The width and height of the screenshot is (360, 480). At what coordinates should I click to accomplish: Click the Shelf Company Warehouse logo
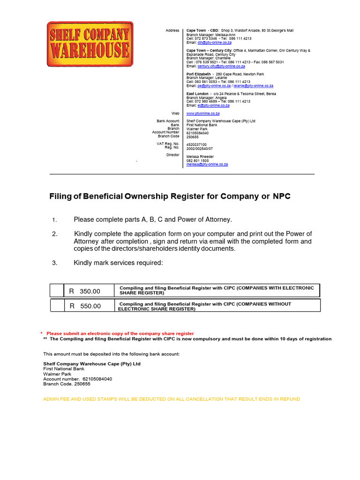(90, 44)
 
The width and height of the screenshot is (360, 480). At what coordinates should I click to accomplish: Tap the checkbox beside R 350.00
(57, 291)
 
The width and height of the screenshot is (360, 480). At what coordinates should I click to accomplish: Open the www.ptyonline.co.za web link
(203, 113)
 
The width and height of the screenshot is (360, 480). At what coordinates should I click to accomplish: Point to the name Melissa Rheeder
(200, 157)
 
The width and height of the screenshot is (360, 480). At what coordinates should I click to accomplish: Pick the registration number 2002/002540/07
(200, 148)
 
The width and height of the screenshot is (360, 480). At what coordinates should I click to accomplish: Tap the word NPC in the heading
(282, 196)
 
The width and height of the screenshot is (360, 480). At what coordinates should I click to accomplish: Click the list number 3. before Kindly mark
(54, 263)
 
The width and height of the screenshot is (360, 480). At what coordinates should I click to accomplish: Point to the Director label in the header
(172, 155)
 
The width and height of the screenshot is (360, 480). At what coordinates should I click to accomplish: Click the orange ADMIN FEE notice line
(172, 399)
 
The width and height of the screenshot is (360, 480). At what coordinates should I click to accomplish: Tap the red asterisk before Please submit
(41, 333)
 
